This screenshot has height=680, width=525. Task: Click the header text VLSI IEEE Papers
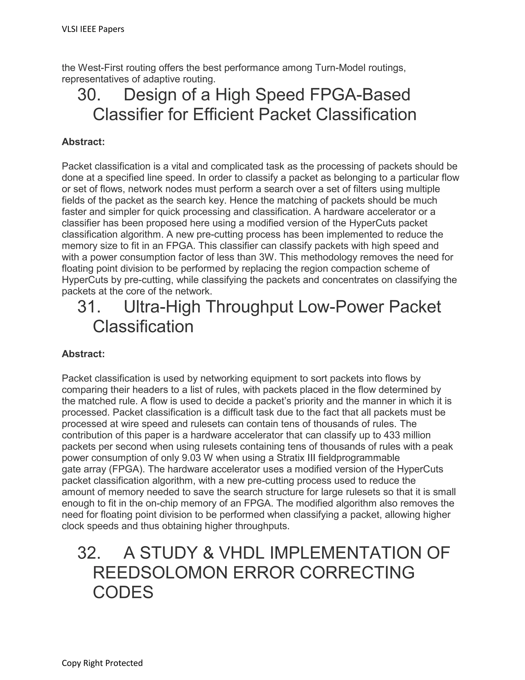click(x=93, y=29)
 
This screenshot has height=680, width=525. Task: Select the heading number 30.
click(x=89, y=95)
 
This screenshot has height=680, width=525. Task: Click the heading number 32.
click(x=89, y=553)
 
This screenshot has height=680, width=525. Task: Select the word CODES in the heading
click(x=123, y=592)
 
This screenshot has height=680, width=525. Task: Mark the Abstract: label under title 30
click(x=83, y=142)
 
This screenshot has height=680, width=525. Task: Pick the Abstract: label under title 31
click(x=83, y=354)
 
